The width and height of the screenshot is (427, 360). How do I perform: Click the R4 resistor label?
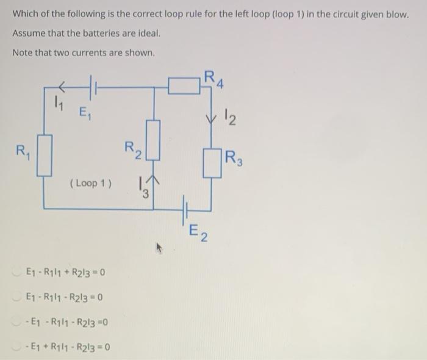coord(214,78)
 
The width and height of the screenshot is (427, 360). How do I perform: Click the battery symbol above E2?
coord(183,208)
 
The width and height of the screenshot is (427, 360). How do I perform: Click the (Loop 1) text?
coord(91,183)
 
